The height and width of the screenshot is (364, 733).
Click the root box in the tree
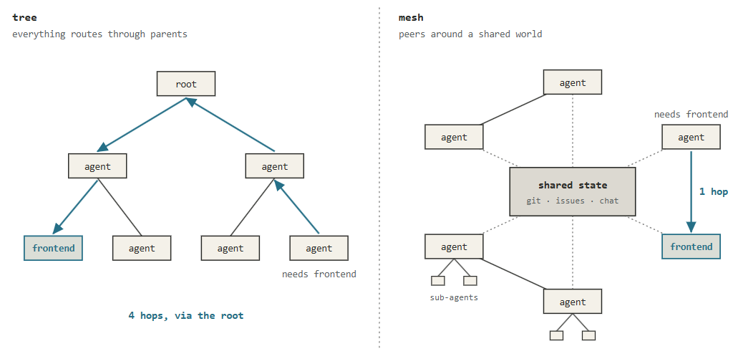point(186,84)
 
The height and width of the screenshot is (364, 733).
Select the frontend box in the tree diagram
point(53,248)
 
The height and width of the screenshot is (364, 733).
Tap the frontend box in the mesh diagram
point(691,246)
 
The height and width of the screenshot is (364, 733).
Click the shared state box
point(572,191)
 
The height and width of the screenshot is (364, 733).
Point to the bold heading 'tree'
point(24,18)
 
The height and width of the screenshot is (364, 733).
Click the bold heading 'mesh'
point(411,18)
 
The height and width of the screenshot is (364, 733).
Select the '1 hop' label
point(714,192)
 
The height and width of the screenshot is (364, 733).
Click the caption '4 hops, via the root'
point(186,315)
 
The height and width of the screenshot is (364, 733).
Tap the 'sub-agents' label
point(454,297)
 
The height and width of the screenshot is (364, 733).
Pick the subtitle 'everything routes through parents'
point(99,34)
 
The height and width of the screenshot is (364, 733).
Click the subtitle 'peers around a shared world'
point(470,34)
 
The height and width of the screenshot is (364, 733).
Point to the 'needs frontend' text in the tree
point(319,274)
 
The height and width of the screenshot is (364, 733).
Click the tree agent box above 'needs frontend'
point(319,248)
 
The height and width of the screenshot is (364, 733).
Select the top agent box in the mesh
point(572,82)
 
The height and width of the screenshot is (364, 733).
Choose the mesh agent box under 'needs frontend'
point(691,137)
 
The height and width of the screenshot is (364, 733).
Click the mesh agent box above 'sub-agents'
point(454,246)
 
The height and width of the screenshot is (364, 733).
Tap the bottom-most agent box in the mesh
point(572,302)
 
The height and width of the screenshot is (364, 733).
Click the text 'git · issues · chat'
point(572,201)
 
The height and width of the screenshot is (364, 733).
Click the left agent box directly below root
point(97,166)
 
